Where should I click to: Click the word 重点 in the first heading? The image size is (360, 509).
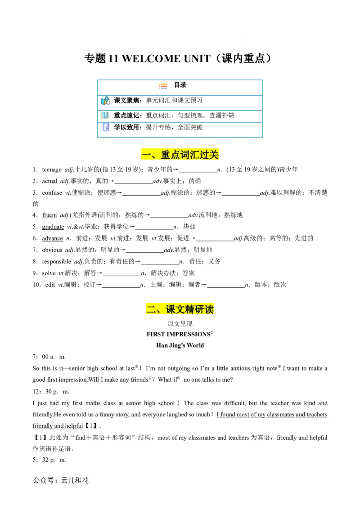point(171,155)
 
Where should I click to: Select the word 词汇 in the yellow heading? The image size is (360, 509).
point(190,155)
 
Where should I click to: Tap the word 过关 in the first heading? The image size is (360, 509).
point(209,155)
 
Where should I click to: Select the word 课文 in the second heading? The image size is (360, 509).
point(175,309)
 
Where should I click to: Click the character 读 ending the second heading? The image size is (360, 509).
point(209,309)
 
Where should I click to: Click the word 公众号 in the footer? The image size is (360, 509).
point(43,480)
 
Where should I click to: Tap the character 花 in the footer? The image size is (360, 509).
point(85,480)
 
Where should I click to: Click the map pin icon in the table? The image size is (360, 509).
point(105,101)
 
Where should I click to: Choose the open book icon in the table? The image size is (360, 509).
point(105,115)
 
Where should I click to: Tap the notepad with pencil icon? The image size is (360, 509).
point(106,128)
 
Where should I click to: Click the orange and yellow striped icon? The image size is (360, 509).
point(163,86)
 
